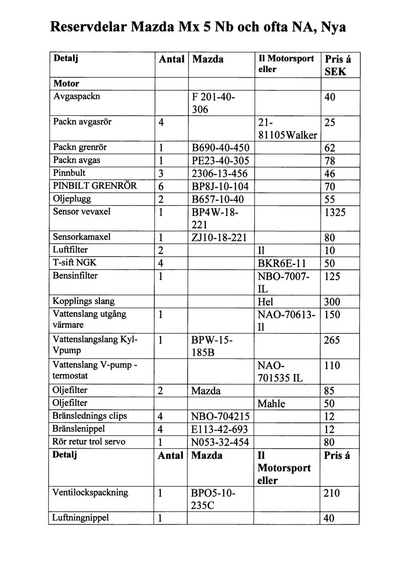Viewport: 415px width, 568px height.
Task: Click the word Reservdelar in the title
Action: [88, 27]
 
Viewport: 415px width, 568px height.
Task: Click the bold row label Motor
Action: [66, 83]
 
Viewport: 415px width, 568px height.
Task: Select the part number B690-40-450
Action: [220, 148]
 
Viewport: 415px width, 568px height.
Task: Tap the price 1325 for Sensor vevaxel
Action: [335, 212]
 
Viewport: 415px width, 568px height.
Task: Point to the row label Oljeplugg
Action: [72, 199]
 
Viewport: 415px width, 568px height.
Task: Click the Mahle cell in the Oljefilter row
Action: [271, 404]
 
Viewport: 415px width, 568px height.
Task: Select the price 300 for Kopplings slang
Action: [332, 302]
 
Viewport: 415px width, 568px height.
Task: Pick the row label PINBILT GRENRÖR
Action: [95, 186]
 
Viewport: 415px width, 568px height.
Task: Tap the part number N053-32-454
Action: [220, 442]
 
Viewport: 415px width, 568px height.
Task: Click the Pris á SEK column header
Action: [338, 65]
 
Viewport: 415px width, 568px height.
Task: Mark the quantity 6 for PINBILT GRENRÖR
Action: [161, 187]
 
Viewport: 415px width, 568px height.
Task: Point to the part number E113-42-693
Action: [220, 429]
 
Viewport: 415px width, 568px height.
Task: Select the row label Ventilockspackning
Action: [90, 492]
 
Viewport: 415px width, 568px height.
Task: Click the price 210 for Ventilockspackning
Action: [332, 493]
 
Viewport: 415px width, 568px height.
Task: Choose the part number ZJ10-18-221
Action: [219, 237]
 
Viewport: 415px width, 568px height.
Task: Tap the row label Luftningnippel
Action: [80, 518]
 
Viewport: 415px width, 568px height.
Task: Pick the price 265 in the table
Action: [332, 340]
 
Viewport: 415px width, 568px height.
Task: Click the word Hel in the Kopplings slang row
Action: [265, 302]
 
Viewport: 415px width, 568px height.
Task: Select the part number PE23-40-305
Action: [220, 161]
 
